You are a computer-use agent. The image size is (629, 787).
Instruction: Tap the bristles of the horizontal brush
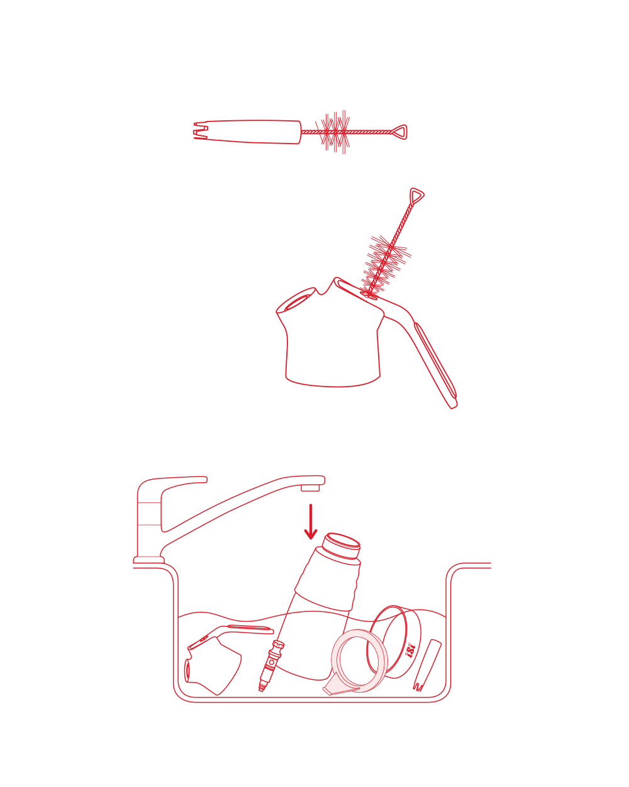pyautogui.click(x=333, y=132)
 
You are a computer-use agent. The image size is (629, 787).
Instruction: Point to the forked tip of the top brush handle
pyautogui.click(x=200, y=130)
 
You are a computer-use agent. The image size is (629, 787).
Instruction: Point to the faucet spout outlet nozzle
pyautogui.click(x=310, y=488)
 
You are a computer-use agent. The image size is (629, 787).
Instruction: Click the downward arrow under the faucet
pyautogui.click(x=311, y=521)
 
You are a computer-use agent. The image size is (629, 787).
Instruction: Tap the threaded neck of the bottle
pyautogui.click(x=342, y=546)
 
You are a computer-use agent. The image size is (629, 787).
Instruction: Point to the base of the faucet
pyautogui.click(x=148, y=560)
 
